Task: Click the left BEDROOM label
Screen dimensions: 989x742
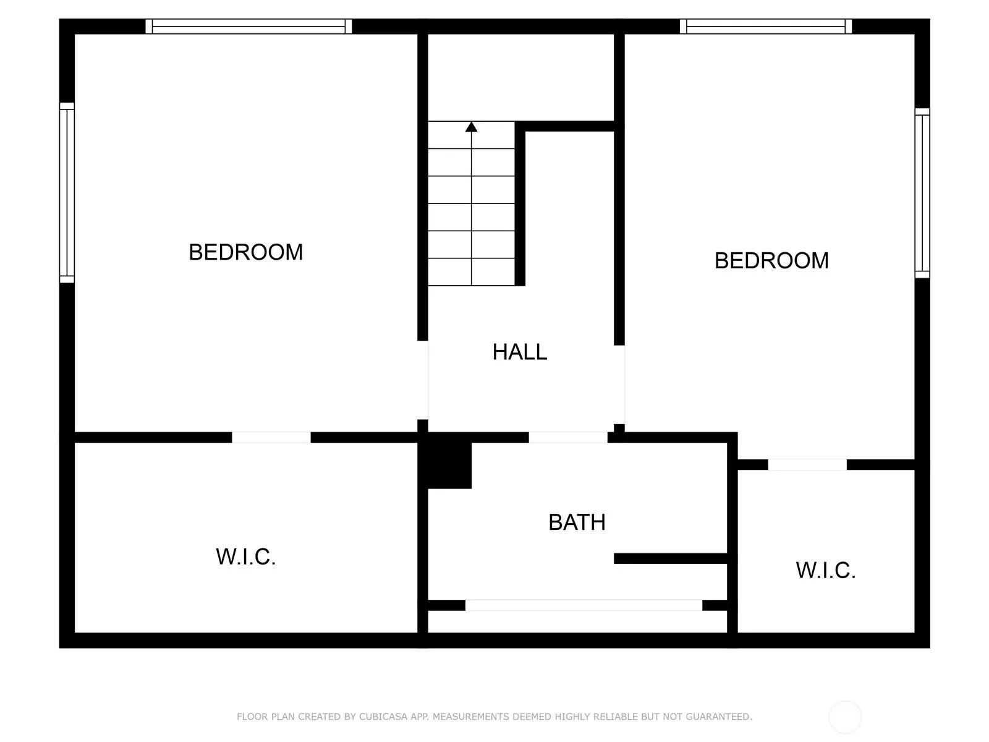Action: [x=245, y=252]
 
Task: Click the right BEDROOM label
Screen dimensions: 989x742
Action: [x=771, y=260]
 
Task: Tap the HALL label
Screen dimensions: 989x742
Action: [x=519, y=352]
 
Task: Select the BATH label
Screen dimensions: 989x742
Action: [x=577, y=522]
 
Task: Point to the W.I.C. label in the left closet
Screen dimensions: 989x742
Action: [x=245, y=557]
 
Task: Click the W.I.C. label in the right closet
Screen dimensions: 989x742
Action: [x=825, y=570]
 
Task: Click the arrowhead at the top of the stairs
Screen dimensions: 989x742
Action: [x=471, y=127]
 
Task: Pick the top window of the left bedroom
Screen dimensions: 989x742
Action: [x=248, y=26]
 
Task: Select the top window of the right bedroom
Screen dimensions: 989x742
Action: [x=765, y=26]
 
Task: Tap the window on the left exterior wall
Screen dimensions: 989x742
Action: [x=67, y=193]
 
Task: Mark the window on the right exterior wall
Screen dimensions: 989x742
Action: [x=922, y=193]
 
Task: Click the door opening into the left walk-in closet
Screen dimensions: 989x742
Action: [x=271, y=437]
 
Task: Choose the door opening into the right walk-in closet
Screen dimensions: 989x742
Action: [x=807, y=464]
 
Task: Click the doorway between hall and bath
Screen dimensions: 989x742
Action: [x=568, y=437]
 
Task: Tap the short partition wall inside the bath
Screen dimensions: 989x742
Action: [x=671, y=558]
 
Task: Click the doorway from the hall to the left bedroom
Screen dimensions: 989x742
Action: [x=423, y=380]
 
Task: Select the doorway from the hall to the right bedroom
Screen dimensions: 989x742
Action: [x=619, y=385]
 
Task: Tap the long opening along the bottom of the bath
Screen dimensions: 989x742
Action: [x=584, y=605]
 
